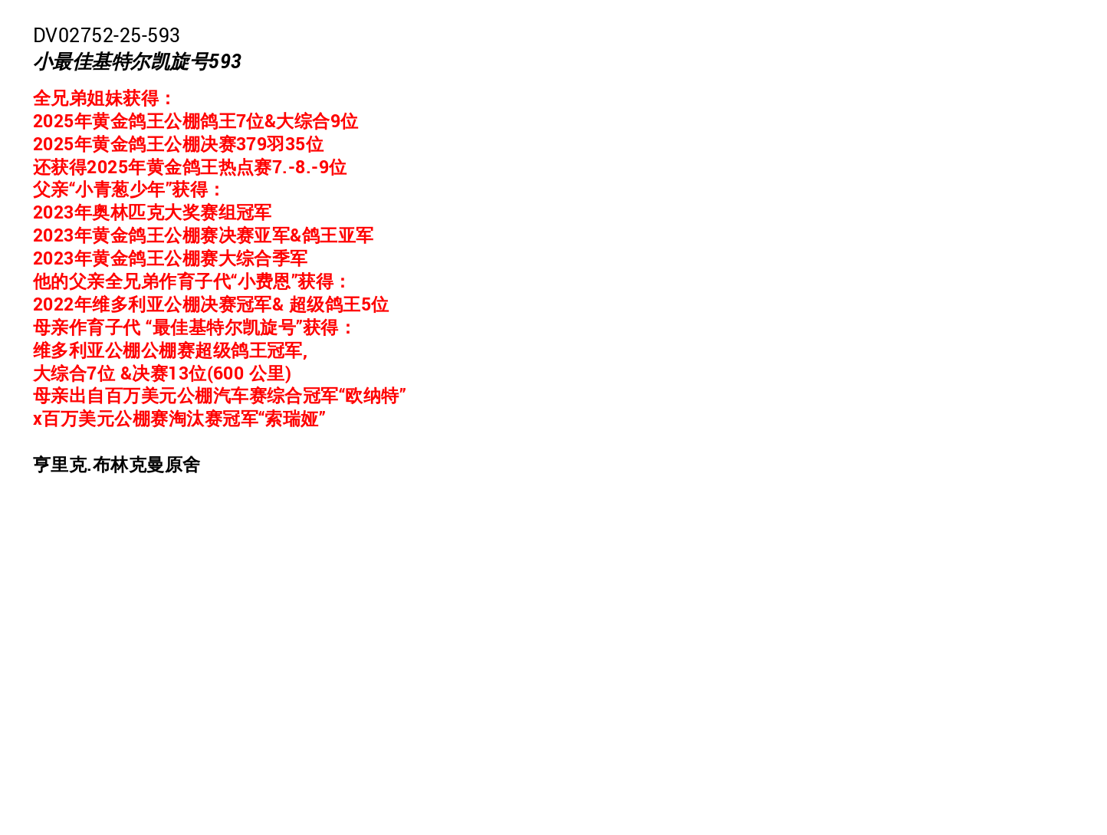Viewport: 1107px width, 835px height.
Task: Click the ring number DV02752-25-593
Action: coord(107,35)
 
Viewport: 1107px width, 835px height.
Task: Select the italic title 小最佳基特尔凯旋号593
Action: coord(137,61)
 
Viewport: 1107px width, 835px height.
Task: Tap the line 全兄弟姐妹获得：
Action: coord(103,98)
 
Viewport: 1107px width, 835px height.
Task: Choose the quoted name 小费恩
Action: coord(264,281)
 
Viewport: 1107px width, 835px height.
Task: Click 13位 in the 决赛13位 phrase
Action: coord(187,373)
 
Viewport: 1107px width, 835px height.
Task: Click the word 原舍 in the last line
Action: coord(182,464)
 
